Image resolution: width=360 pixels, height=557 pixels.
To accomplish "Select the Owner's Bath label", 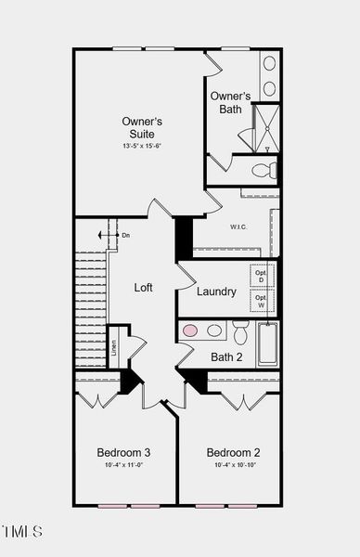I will click(x=230, y=102).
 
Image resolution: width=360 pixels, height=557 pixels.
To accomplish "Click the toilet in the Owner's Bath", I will click(x=264, y=170).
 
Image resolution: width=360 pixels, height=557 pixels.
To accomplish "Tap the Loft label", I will click(x=143, y=288).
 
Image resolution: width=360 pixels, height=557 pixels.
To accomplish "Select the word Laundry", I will click(x=216, y=291).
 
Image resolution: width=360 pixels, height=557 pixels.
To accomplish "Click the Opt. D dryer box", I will click(x=261, y=276).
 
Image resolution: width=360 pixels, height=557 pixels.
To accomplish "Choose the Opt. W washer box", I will click(x=261, y=301).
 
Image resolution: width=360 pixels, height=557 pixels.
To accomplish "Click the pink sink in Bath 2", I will click(x=190, y=330).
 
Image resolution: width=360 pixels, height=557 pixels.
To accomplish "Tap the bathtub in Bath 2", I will click(x=267, y=344).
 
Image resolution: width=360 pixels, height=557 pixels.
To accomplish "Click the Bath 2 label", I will click(x=226, y=356).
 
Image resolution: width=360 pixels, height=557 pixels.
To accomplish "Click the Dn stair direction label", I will click(x=125, y=236).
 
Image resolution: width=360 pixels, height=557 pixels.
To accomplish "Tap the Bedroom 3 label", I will click(x=123, y=452).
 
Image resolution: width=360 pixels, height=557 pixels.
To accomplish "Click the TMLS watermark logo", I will click(x=22, y=532).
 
